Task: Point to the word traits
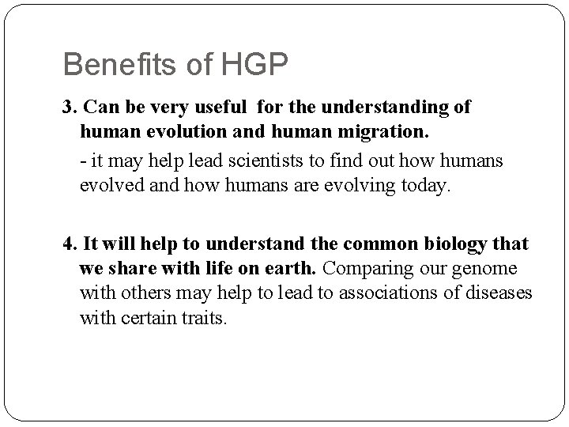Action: point(205,319)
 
